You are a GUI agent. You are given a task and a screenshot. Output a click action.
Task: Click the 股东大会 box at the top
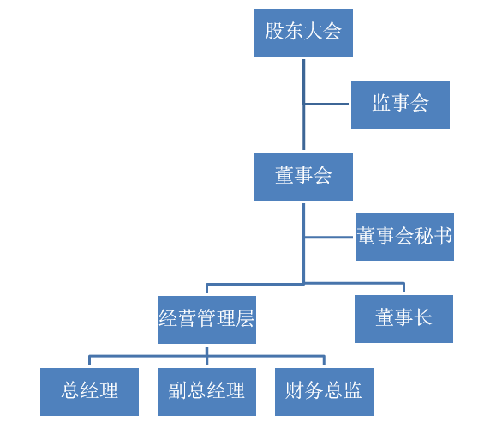tap(303, 33)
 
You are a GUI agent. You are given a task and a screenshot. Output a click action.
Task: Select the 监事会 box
tap(400, 105)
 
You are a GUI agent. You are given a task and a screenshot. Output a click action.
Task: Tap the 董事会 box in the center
tap(303, 177)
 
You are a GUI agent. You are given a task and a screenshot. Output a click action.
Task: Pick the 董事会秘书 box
tap(404, 237)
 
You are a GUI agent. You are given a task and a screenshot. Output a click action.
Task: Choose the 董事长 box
tap(403, 319)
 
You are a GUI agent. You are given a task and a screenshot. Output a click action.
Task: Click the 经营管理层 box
tap(206, 320)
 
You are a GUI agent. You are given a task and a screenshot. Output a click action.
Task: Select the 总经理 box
tap(89, 392)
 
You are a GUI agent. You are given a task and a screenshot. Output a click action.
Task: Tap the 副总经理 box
tap(206, 392)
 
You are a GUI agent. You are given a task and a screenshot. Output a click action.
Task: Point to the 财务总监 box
tap(324, 392)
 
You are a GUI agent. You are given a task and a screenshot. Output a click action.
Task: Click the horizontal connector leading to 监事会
tap(326, 104)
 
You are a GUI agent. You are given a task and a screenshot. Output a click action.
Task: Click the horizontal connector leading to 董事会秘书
tap(329, 238)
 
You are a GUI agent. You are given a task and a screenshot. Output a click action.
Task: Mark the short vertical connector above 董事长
tap(403, 287)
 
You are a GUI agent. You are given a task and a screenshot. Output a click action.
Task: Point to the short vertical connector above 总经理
tap(89, 360)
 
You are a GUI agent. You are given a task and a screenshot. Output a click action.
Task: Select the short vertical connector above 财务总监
tap(324, 360)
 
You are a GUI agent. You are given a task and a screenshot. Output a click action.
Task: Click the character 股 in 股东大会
tap(274, 31)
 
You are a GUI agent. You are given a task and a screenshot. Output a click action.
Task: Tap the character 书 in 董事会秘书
tap(443, 236)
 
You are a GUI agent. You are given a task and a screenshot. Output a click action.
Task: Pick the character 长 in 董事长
tap(423, 317)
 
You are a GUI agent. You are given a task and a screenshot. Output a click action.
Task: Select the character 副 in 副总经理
tap(178, 390)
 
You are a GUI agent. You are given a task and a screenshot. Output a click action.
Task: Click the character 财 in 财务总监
tap(295, 390)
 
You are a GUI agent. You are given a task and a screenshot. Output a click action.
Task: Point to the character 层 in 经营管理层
tap(245, 319)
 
